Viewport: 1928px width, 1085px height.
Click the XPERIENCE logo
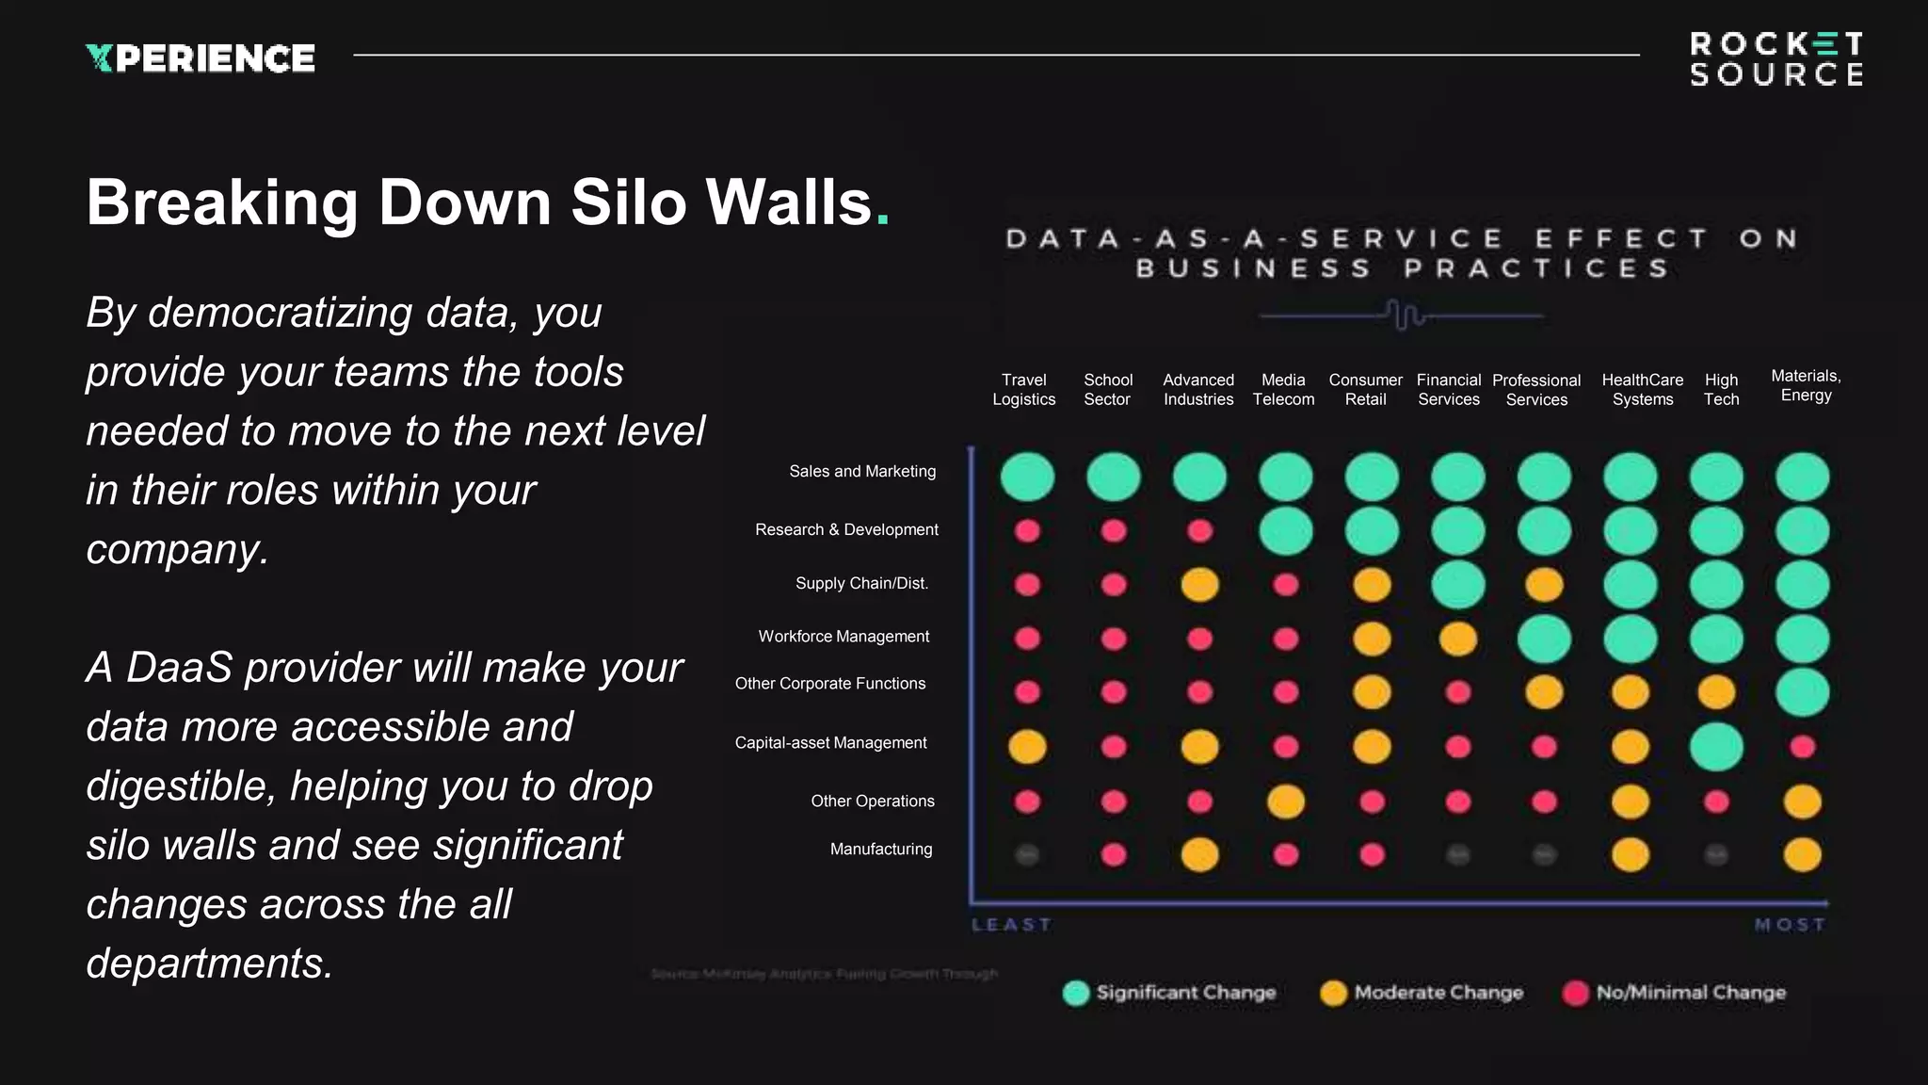point(201,58)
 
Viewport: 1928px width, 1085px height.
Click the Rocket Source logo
point(1775,59)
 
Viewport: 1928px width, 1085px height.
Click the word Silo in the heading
point(628,202)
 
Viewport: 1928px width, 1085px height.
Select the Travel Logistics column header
point(1023,389)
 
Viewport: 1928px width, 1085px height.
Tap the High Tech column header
point(1721,389)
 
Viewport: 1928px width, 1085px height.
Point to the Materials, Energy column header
point(1806,385)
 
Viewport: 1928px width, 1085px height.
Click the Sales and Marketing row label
point(862,471)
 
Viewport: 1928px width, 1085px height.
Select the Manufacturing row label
point(881,849)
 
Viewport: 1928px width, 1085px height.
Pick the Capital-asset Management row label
point(830,742)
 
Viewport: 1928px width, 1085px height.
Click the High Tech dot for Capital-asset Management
point(1716,747)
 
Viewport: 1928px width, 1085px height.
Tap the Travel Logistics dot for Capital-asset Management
point(1027,747)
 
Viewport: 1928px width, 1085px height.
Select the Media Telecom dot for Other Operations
point(1285,802)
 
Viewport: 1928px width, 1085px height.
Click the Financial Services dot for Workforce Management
point(1457,639)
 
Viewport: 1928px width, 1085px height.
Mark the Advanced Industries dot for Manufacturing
point(1199,854)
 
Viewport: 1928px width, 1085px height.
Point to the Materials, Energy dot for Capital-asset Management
point(1802,747)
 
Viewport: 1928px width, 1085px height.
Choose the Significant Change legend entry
point(1169,993)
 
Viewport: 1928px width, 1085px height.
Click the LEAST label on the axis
point(1011,925)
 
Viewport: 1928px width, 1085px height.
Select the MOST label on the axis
point(1790,925)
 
